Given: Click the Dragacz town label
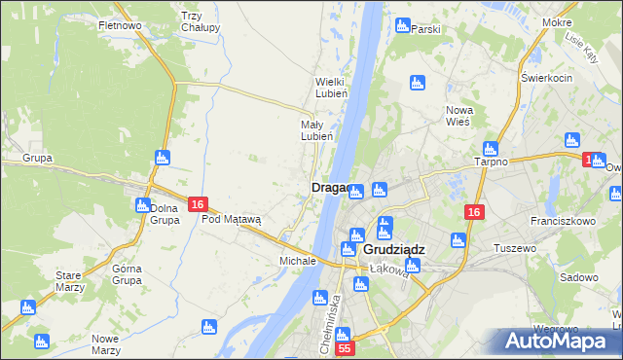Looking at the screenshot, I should click(x=329, y=188).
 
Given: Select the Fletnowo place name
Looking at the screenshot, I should click(x=121, y=25).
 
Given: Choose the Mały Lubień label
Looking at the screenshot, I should click(x=317, y=130).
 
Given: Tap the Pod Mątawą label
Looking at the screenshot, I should click(x=232, y=220).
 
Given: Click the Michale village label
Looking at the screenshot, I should click(x=298, y=262).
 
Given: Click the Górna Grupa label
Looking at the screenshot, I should click(x=128, y=274).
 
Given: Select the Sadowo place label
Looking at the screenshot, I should click(x=579, y=277).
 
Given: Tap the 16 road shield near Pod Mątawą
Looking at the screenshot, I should click(x=198, y=204).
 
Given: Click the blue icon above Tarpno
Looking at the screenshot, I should click(x=491, y=149).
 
